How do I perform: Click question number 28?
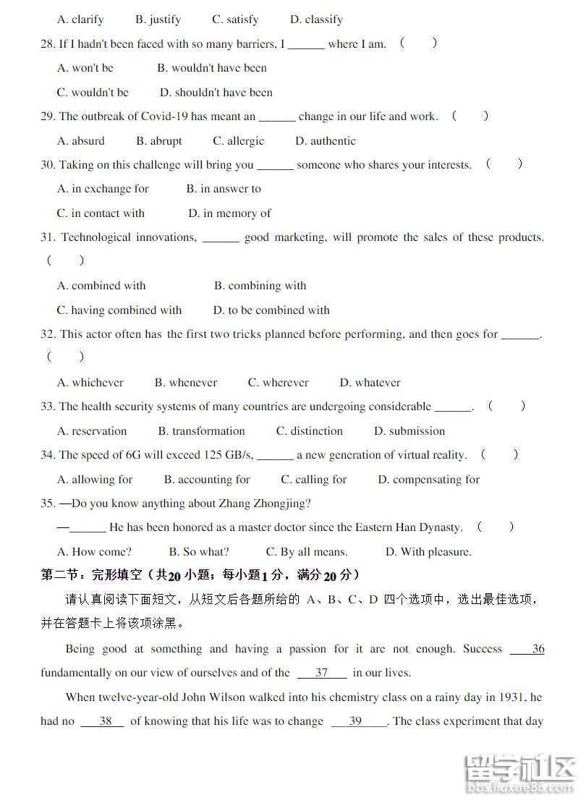click(x=48, y=44)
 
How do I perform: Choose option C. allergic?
click(x=238, y=141)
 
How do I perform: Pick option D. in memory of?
click(x=229, y=213)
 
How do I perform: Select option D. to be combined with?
click(x=271, y=310)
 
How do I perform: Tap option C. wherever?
click(x=278, y=383)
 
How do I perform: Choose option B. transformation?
click(x=201, y=431)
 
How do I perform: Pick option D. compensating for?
click(x=428, y=480)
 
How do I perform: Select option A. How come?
click(x=94, y=552)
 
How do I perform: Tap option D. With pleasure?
click(x=428, y=552)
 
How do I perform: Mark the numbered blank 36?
click(x=537, y=649)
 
